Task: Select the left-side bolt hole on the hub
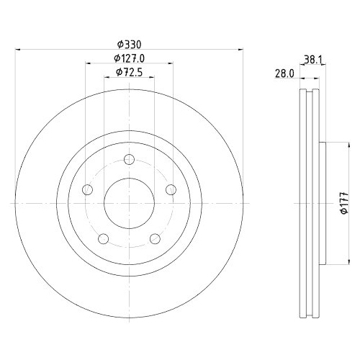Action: click(88, 189)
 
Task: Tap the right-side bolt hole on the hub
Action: click(171, 189)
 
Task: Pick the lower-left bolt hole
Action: click(104, 239)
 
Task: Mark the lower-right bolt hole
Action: click(156, 239)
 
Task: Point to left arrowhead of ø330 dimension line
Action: click(18, 50)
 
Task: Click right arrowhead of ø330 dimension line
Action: click(241, 50)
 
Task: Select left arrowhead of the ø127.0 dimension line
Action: click(89, 63)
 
